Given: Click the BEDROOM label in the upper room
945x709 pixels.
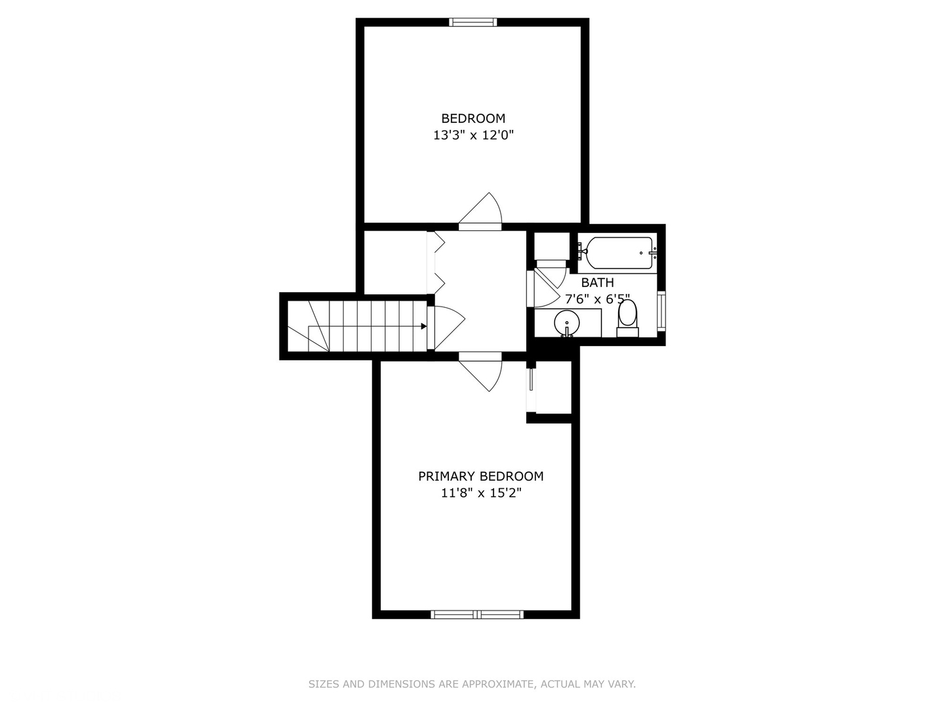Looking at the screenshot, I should [x=472, y=118].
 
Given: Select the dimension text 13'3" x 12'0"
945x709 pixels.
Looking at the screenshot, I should [x=472, y=136].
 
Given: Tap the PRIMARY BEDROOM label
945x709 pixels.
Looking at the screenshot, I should [x=480, y=476].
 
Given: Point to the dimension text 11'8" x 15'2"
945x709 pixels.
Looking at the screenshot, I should [x=480, y=493].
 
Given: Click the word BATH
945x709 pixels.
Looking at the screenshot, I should [x=597, y=282].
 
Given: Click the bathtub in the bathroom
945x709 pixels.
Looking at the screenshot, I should [x=619, y=253].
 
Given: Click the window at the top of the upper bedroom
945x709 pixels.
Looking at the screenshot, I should [x=472, y=22].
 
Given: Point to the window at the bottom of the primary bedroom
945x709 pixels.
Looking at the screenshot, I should [x=477, y=614].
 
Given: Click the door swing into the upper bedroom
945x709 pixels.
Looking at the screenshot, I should [x=483, y=210].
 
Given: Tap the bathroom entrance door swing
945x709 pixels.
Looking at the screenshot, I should [x=545, y=286].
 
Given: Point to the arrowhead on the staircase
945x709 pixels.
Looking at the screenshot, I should [x=423, y=326].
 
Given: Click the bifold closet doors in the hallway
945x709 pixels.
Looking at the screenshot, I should [x=436, y=263].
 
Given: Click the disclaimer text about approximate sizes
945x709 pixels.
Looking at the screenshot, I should [x=472, y=684].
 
